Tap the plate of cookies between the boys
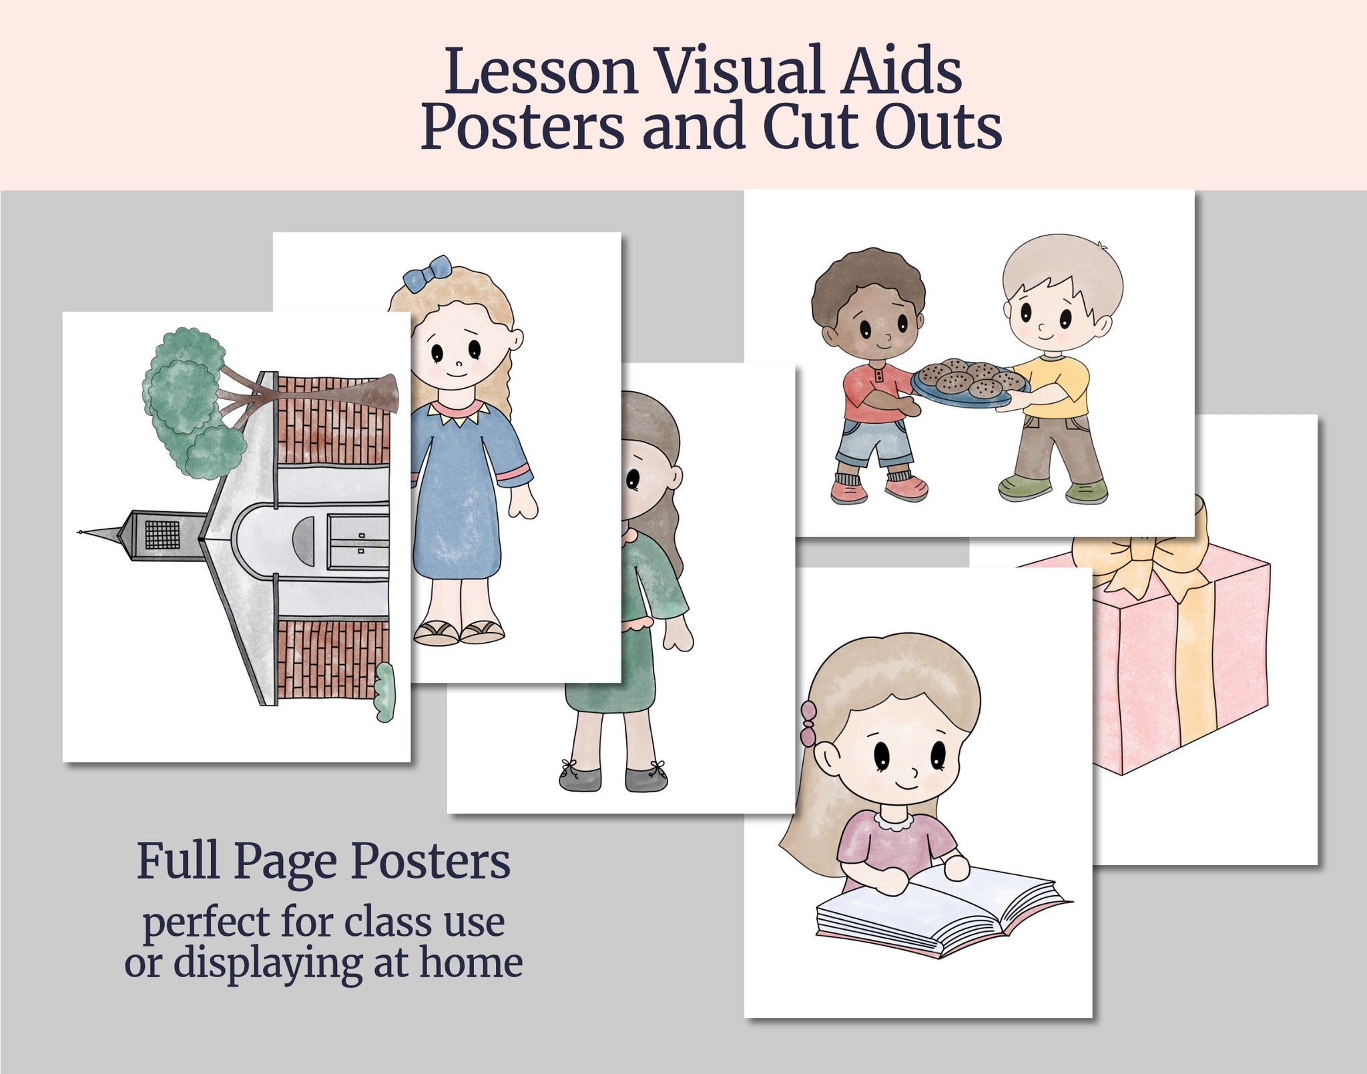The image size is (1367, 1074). coord(971,384)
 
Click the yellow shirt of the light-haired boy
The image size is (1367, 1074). coord(1051,387)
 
